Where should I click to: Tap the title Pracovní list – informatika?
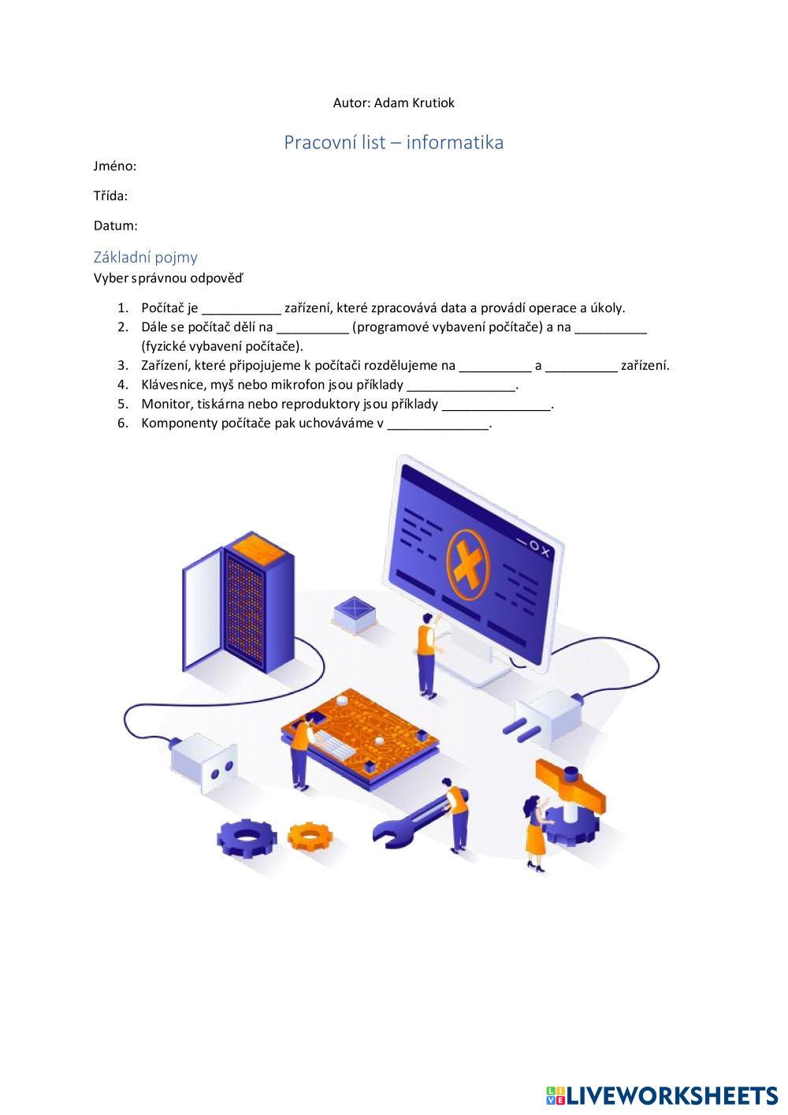(393, 142)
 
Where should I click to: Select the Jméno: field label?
(115, 166)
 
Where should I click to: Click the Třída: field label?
(110, 196)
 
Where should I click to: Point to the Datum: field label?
(115, 226)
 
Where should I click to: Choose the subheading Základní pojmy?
(146, 257)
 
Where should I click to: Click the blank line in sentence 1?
(241, 308)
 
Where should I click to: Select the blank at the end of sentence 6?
(438, 423)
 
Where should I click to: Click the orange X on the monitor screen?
(467, 562)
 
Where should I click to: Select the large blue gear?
(246, 837)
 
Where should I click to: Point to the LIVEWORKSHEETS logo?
(662, 1095)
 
